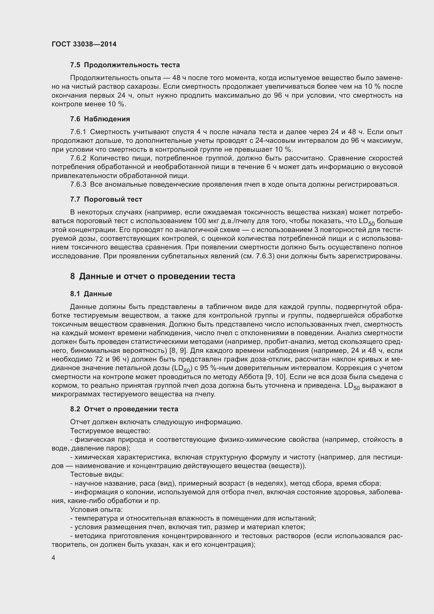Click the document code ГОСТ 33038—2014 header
pos(84,44)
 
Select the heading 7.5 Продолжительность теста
pos(125,65)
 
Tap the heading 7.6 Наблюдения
pos(100,119)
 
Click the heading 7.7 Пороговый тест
pos(106,199)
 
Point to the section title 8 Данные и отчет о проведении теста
pos(153,276)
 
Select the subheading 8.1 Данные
pos(91,294)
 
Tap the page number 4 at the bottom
pos(54,558)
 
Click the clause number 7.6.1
pos(78,132)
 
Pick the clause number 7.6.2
pos(78,158)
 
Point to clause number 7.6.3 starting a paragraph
pos(78,185)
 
